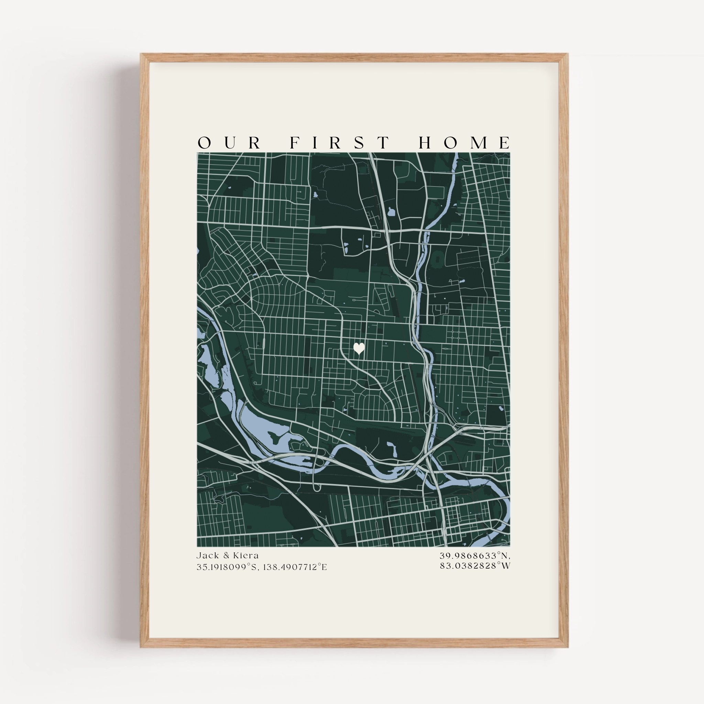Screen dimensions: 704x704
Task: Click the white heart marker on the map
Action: [359, 348]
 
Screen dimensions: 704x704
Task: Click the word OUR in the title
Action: [229, 143]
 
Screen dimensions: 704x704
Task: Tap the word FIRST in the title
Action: [340, 143]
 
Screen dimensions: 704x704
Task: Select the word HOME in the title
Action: [465, 143]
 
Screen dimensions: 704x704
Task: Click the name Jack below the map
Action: [208, 556]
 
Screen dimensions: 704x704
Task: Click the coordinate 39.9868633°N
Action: [475, 556]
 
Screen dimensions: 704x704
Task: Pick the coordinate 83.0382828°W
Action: [475, 566]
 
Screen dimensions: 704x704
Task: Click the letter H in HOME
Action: [425, 143]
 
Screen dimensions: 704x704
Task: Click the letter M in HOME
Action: [479, 143]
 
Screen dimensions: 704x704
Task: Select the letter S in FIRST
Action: [359, 143]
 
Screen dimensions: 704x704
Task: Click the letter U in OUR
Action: [230, 143]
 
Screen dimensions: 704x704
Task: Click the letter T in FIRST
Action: [384, 143]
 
